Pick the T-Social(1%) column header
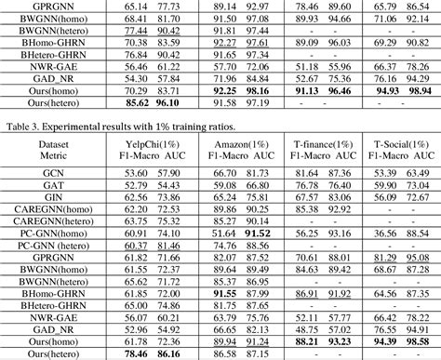tap(401, 144)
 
